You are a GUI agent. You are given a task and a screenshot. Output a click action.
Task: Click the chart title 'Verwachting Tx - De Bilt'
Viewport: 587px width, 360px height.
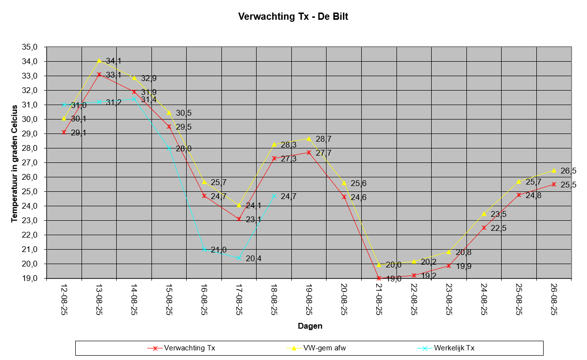point(293,17)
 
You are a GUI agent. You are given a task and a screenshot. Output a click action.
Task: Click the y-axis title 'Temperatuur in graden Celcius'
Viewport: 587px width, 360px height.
point(14,162)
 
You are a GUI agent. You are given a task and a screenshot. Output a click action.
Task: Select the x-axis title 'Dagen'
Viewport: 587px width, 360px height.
point(310,326)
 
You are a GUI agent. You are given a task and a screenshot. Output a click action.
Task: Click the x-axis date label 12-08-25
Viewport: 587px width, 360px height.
point(64,299)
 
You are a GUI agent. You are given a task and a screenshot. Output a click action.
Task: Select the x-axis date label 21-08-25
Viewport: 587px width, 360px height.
point(379,299)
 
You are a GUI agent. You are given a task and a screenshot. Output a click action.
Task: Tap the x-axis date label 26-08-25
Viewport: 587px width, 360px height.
point(554,299)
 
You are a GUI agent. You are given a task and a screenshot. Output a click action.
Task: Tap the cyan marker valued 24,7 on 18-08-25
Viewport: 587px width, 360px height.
point(274,196)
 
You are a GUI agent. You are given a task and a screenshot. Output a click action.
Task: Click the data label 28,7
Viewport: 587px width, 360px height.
point(324,139)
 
